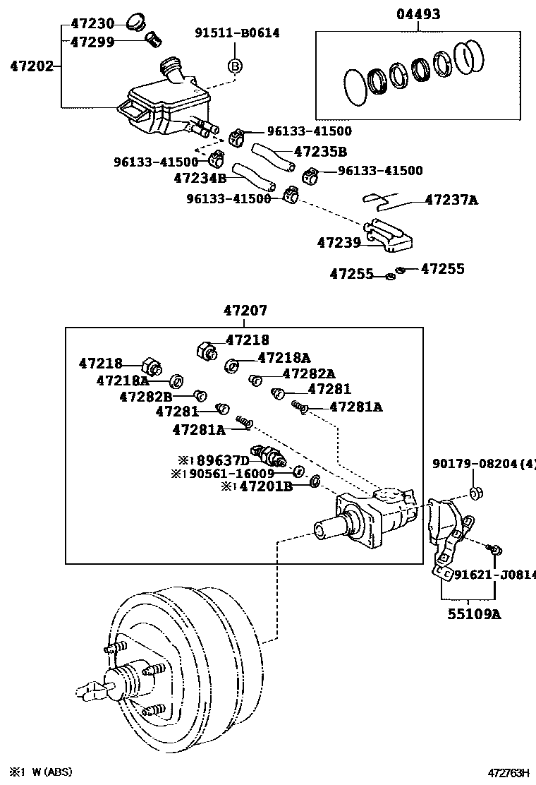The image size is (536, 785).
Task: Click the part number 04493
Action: coord(418,14)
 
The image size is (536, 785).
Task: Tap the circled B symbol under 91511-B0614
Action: coord(235,66)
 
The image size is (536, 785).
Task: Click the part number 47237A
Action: coord(451,200)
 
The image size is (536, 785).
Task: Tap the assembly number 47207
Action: coord(245,311)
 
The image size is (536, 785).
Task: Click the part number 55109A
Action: coord(473,614)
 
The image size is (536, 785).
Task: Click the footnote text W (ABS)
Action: coord(49,772)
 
